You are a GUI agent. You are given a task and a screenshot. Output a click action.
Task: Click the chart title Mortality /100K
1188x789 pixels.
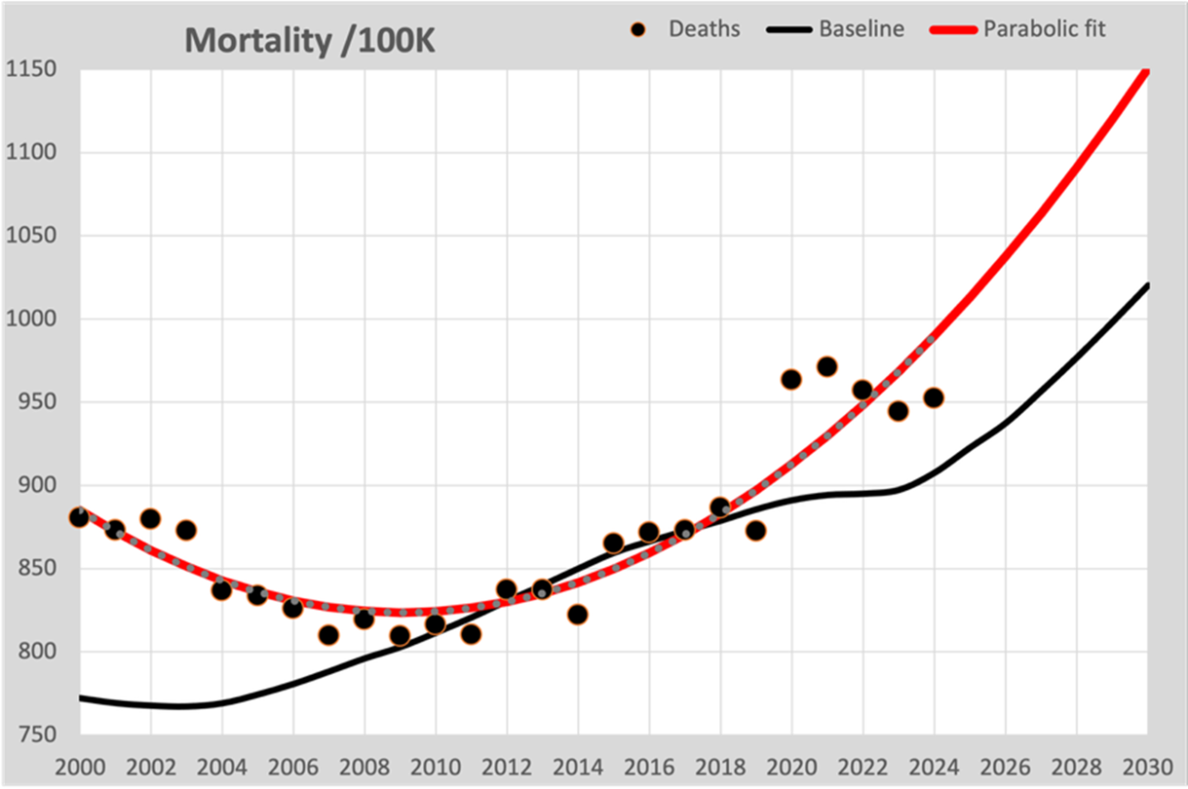coord(309,40)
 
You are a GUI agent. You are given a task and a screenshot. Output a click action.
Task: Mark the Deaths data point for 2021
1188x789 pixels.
coord(827,367)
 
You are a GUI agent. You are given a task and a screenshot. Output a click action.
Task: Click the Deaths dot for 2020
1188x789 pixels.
coord(791,380)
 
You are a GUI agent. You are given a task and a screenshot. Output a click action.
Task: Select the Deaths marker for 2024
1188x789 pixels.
coord(934,397)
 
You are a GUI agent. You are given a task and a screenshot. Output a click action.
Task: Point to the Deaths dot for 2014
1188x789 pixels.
coord(577,614)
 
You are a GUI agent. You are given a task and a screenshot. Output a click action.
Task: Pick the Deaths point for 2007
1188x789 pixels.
coord(328,635)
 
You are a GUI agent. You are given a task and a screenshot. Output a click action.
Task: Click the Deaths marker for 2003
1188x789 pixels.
coord(186,530)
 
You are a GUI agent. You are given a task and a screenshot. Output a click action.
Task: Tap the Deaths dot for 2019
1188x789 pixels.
coord(755,531)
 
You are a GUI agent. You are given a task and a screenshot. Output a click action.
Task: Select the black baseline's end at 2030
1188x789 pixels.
coord(1147,285)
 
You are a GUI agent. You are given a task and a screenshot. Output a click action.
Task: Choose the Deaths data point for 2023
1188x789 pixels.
coord(897,411)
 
